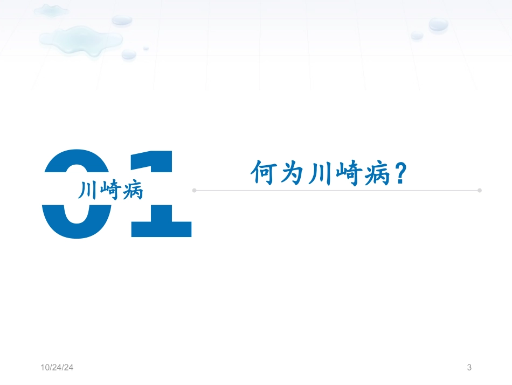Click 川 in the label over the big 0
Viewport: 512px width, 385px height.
89,190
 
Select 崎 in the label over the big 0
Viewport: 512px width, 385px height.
110,190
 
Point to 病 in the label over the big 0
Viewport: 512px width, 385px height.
132,190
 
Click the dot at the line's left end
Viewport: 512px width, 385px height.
195,190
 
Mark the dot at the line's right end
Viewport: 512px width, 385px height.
479,190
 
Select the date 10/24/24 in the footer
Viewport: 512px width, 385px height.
57,368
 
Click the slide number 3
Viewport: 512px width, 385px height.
469,368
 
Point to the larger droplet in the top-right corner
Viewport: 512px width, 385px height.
438,24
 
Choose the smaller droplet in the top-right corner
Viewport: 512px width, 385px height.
417,35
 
